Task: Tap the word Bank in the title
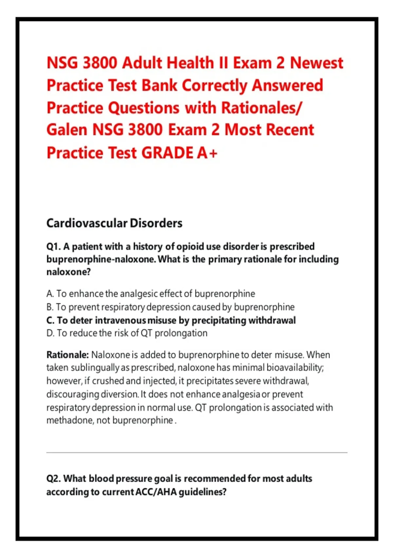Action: (159, 85)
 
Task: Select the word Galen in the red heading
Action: (67, 130)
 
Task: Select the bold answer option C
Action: (171, 320)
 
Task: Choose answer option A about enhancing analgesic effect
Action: (151, 294)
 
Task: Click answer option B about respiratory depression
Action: (170, 307)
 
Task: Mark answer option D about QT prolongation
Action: (127, 333)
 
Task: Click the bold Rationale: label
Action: (67, 355)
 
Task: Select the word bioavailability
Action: (295, 368)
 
